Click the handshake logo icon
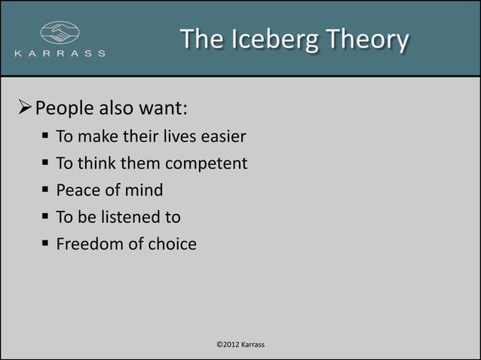[59, 33]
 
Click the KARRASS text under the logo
[60, 54]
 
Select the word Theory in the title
[371, 38]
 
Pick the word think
[97, 163]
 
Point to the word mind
[144, 190]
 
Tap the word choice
[170, 244]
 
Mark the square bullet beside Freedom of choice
[46, 244]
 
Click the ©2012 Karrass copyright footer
[240, 345]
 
